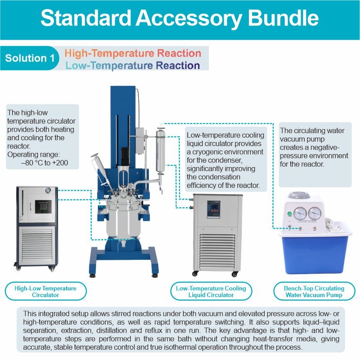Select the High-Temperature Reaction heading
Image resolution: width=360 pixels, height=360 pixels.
tap(133, 53)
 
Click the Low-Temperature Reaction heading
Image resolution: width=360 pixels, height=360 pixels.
tap(133, 66)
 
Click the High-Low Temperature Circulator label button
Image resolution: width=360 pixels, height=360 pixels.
tap(46, 291)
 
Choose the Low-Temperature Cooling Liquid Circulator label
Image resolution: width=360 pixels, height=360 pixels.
tap(211, 291)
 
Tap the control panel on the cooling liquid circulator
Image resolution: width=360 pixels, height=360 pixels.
tap(213, 209)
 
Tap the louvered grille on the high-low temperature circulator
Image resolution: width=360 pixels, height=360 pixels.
tap(37, 245)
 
